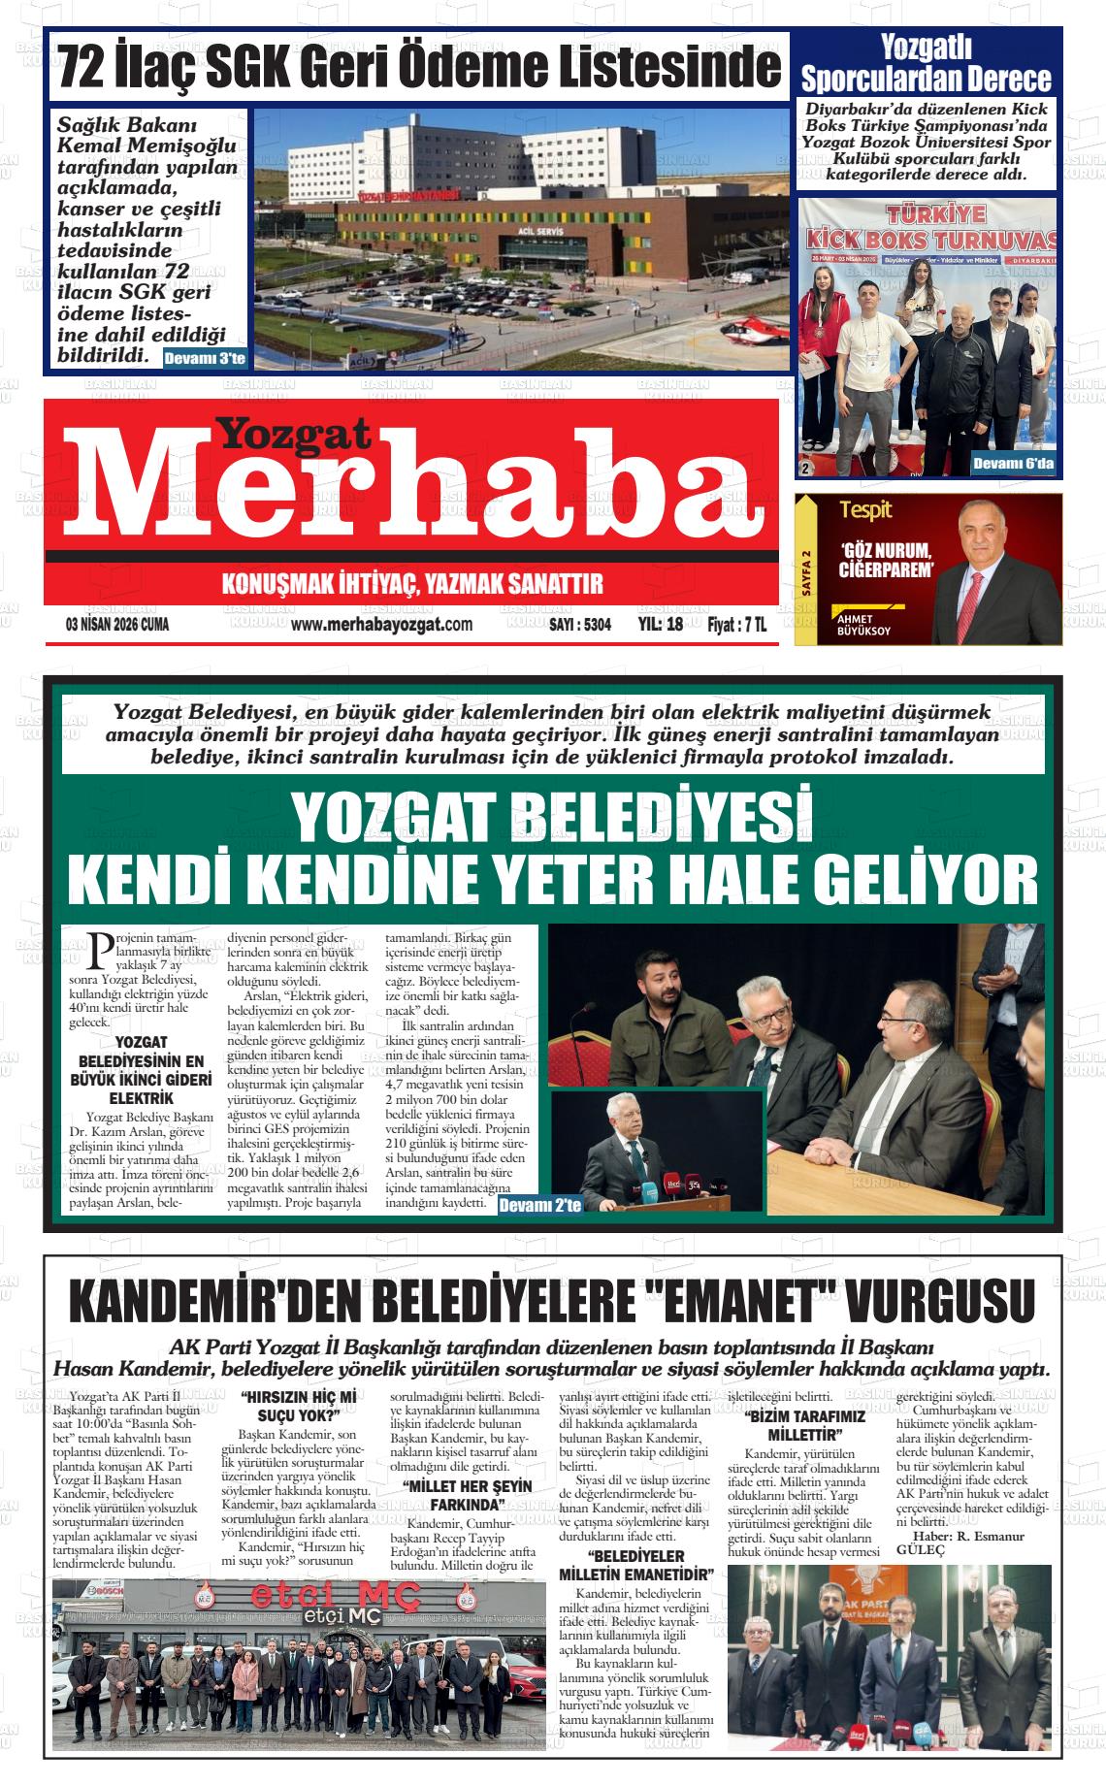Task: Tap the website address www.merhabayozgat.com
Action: pyautogui.click(x=381, y=625)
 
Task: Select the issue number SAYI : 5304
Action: pyautogui.click(x=580, y=626)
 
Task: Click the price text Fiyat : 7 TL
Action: pyautogui.click(x=736, y=625)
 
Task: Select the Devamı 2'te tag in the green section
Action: pyautogui.click(x=539, y=1205)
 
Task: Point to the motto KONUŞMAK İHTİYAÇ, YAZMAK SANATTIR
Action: pyautogui.click(x=412, y=584)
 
